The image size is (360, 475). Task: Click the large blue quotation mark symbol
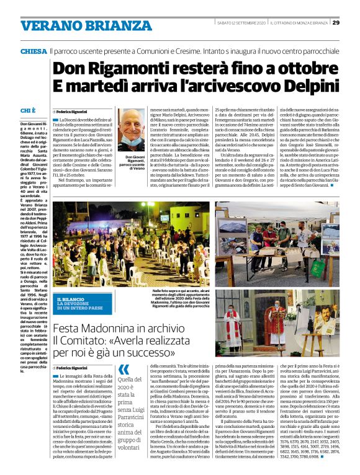coord(124,371)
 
